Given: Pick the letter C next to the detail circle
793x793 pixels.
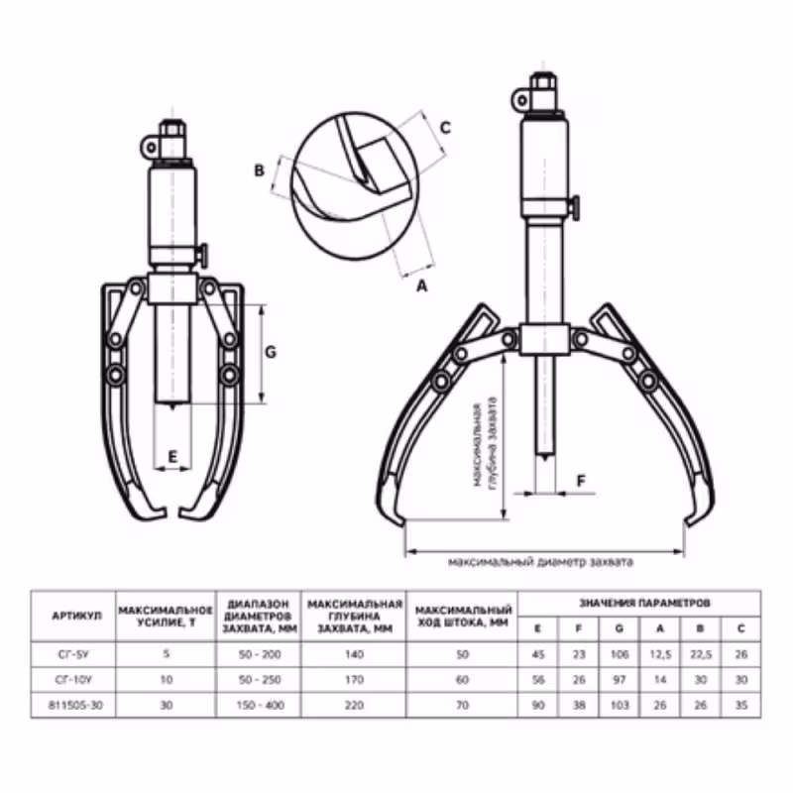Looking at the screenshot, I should (445, 127).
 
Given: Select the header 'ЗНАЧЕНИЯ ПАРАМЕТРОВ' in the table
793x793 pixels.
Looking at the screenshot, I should (639, 602).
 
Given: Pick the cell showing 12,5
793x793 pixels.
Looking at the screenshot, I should (659, 652).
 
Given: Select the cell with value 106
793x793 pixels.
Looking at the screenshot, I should (620, 652).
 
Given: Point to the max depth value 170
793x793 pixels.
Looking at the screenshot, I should (354, 679).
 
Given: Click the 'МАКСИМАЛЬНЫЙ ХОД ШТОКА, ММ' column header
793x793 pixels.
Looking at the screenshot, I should (463, 616).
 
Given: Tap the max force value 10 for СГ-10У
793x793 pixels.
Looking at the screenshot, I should (166, 679).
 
